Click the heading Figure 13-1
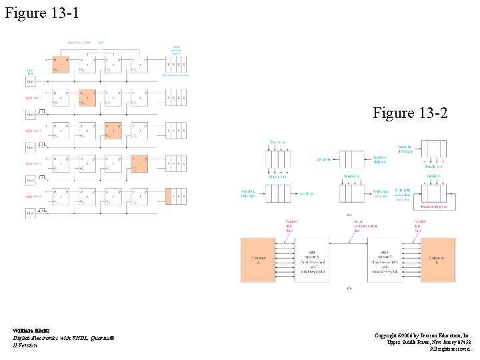[x=41, y=13]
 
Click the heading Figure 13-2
[x=410, y=113]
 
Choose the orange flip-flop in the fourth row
[x=140, y=164]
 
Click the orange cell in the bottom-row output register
[x=169, y=197]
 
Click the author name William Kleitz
[x=29, y=330]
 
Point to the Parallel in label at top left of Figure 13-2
[x=277, y=142]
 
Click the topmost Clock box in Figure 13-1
[x=30, y=81]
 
